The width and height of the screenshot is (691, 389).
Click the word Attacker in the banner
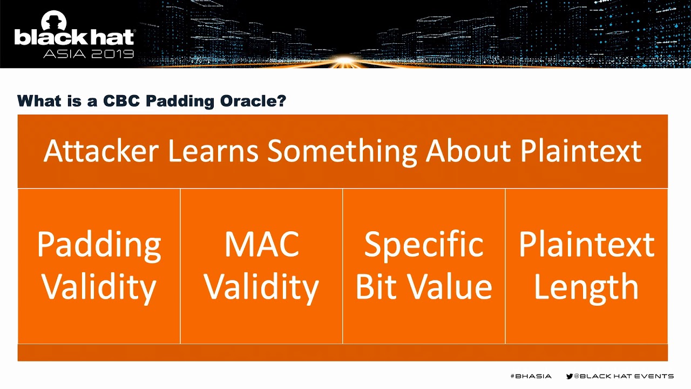pyautogui.click(x=101, y=151)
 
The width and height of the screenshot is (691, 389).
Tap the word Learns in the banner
pyautogui.click(x=213, y=151)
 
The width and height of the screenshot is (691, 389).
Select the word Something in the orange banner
pyautogui.click(x=342, y=153)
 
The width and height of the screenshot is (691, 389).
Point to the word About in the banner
pyautogui.click(x=468, y=151)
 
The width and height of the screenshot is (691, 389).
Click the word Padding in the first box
pyautogui.click(x=99, y=246)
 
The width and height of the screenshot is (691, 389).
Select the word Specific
pyautogui.click(x=424, y=246)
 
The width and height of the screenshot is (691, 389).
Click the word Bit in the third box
pyautogui.click(x=376, y=287)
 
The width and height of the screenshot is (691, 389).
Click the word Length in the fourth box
pyautogui.click(x=586, y=289)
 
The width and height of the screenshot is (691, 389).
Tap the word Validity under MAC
pyautogui.click(x=261, y=289)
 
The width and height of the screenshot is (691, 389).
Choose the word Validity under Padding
pyautogui.click(x=99, y=289)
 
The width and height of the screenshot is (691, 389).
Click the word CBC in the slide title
pyautogui.click(x=121, y=101)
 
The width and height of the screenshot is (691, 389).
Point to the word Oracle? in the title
pyautogui.click(x=253, y=101)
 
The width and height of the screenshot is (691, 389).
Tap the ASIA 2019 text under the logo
pyautogui.click(x=89, y=53)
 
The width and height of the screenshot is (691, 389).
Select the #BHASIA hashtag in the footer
pyautogui.click(x=531, y=376)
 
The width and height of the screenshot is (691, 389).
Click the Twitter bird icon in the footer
pyautogui.click(x=570, y=376)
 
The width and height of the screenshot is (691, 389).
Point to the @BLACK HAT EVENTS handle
pyautogui.click(x=624, y=376)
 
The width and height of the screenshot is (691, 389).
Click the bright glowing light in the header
pyautogui.click(x=345, y=60)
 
